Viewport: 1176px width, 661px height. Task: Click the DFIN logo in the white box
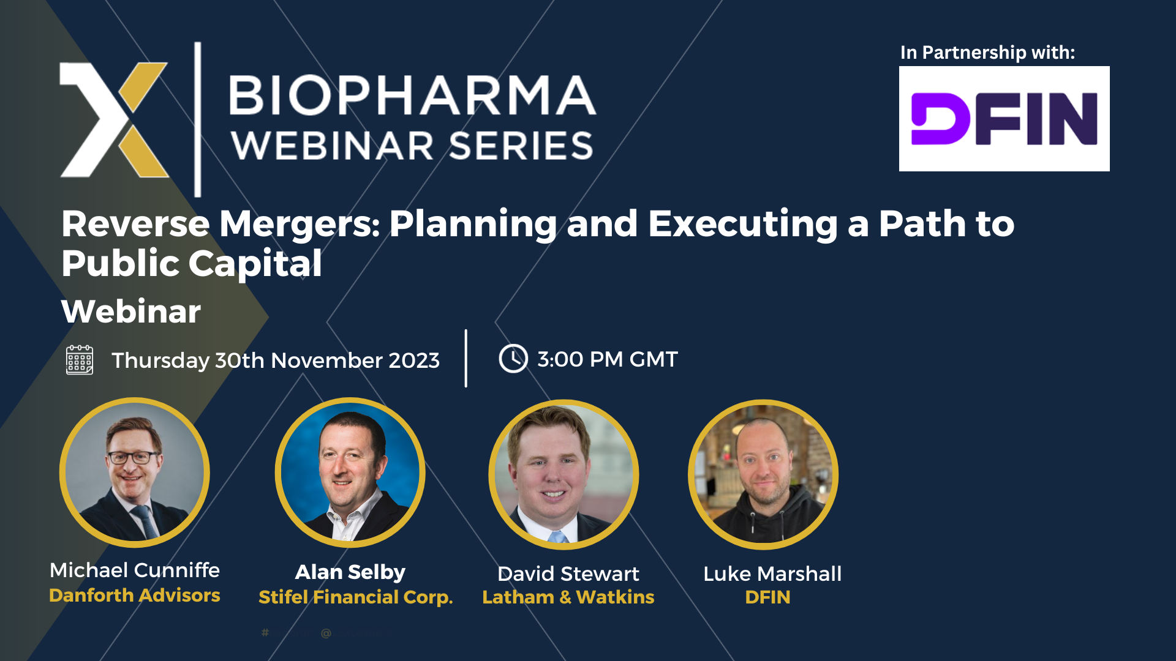(x=1004, y=119)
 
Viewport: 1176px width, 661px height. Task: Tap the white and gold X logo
(x=114, y=120)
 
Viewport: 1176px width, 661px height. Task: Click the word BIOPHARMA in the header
(x=412, y=95)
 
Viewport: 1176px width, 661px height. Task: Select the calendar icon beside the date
(x=80, y=360)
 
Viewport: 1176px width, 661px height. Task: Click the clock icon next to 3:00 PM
(x=513, y=359)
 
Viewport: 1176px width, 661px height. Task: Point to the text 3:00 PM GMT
(x=607, y=359)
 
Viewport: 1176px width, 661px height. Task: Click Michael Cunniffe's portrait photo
(x=135, y=472)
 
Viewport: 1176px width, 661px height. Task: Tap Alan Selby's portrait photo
(x=350, y=472)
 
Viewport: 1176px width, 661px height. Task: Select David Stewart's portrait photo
(x=563, y=474)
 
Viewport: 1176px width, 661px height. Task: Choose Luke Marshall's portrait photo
(x=763, y=474)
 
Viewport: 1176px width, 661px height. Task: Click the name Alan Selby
(x=350, y=572)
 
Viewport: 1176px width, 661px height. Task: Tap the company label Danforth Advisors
(x=135, y=596)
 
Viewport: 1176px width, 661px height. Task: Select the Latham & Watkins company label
(x=568, y=597)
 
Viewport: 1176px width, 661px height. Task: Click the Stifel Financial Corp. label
(x=355, y=597)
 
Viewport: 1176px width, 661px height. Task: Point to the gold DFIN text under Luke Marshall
(x=767, y=597)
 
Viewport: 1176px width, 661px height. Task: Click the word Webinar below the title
(x=131, y=312)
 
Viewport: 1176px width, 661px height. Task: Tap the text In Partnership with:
(x=987, y=53)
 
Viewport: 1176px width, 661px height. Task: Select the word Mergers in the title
(x=300, y=224)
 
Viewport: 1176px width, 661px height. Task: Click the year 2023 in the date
(x=414, y=360)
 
